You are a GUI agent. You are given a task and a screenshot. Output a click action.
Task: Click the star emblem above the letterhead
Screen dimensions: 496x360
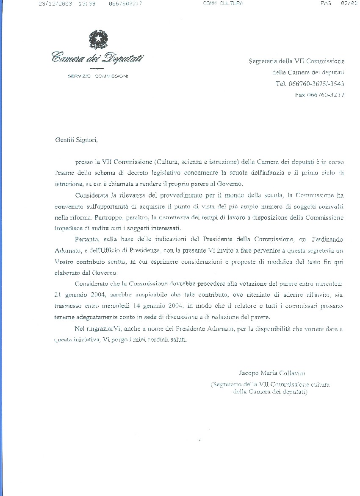tap(97, 39)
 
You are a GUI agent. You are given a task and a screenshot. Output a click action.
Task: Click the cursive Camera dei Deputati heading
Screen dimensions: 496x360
tap(97, 57)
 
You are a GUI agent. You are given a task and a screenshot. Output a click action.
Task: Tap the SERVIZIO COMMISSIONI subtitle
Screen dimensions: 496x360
tap(98, 76)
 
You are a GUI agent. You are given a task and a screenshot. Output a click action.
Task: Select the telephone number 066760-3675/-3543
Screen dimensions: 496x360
tap(310, 84)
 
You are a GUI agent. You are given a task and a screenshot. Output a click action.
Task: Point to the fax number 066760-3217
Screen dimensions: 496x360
tap(319, 95)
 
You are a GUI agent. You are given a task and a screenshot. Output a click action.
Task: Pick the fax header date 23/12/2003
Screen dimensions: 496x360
tap(55, 3)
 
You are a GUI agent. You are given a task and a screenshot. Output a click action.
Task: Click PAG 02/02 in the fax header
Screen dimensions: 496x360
tap(337, 3)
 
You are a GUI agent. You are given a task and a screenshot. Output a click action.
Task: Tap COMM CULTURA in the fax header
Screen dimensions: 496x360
tap(223, 3)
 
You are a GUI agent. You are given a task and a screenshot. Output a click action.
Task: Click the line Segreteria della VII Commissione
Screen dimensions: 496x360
tap(296, 61)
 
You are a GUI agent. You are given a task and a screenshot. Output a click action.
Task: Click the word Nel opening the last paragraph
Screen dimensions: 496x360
tap(79, 329)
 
